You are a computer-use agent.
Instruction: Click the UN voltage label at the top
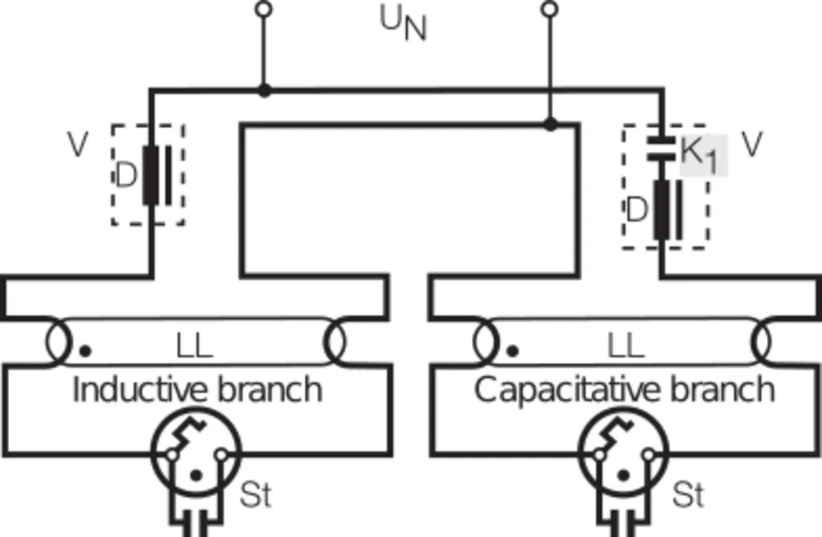coord(403,25)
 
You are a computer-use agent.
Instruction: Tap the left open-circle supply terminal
coord(263,10)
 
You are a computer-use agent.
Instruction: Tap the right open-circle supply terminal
coord(551,10)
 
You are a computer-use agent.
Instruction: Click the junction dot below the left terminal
coord(263,89)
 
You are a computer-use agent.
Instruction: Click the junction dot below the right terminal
coord(551,124)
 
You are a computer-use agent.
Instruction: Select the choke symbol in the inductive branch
coord(156,175)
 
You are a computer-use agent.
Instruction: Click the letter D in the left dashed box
coord(126,175)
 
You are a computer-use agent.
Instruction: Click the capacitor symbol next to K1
coord(660,146)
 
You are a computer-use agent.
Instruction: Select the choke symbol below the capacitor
coord(666,210)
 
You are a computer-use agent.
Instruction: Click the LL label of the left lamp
coord(194,347)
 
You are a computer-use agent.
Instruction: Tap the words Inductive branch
coord(197,389)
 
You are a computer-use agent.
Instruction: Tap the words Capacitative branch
coord(625,389)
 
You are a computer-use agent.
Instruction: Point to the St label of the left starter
coord(255,496)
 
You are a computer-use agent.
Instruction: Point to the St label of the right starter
coord(687,496)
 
